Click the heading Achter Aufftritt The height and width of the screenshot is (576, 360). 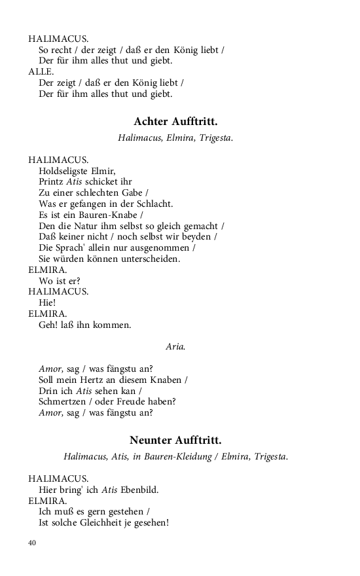click(x=175, y=122)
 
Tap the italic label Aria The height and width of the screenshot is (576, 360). click(x=175, y=347)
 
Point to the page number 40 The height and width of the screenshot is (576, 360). click(x=33, y=543)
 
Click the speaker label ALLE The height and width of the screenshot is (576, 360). click(x=41, y=71)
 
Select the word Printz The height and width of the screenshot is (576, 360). click(x=51, y=182)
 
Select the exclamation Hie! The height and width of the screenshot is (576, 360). click(x=48, y=302)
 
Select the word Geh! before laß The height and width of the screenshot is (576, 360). click(x=49, y=325)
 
